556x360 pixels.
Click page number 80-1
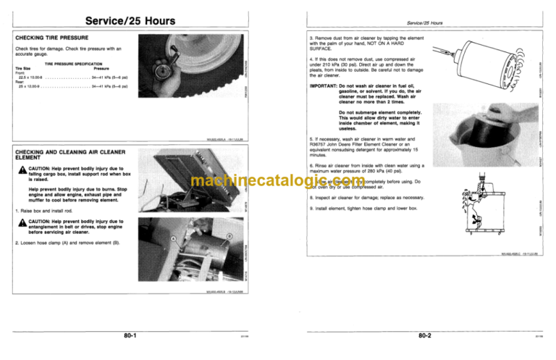click(130, 335)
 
